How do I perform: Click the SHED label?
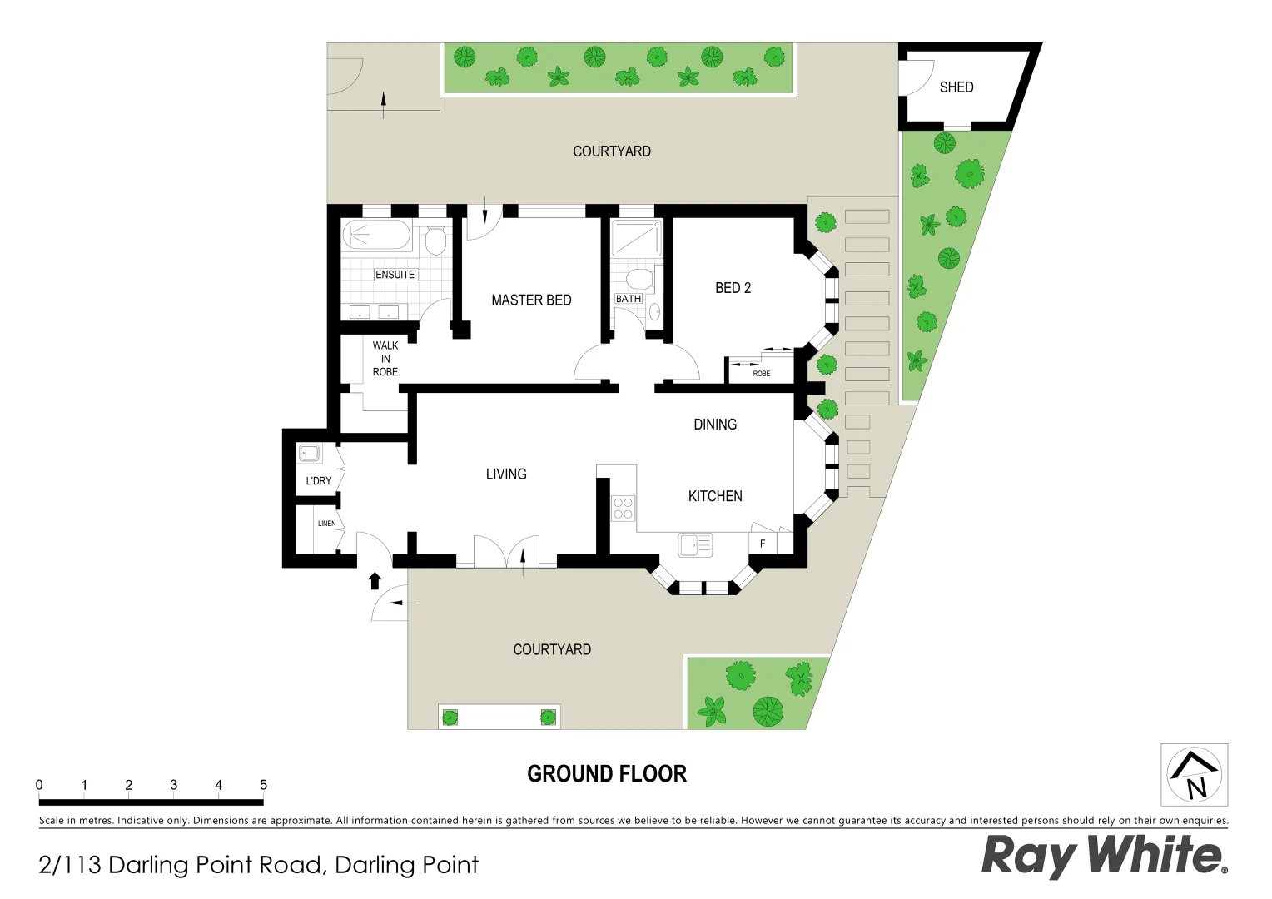click(956, 87)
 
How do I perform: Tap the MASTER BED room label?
click(531, 300)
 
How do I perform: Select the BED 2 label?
click(733, 288)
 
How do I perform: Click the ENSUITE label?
click(395, 275)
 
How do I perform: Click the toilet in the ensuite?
click(434, 241)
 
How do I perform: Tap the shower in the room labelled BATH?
click(637, 238)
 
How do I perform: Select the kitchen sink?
click(695, 545)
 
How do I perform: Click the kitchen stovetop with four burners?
click(623, 508)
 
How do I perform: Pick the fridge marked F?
click(763, 544)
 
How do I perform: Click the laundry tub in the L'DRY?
click(310, 454)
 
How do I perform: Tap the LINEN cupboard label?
click(326, 524)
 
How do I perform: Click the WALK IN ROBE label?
click(385, 359)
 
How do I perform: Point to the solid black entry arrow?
click(375, 580)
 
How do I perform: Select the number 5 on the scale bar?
click(263, 785)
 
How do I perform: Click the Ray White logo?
click(1104, 855)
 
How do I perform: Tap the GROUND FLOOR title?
click(607, 774)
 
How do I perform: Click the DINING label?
click(715, 425)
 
